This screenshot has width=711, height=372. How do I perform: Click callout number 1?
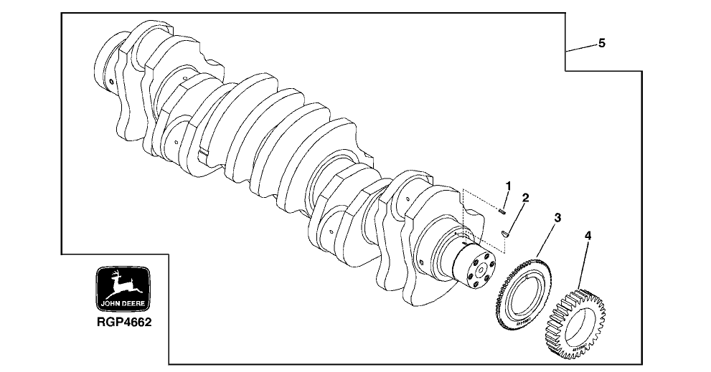(x=508, y=186)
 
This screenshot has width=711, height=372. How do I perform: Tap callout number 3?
(x=557, y=217)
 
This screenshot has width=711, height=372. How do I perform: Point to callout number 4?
(x=588, y=235)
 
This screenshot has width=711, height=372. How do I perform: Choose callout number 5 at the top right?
(x=601, y=44)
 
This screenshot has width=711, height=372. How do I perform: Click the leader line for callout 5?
(x=581, y=48)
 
